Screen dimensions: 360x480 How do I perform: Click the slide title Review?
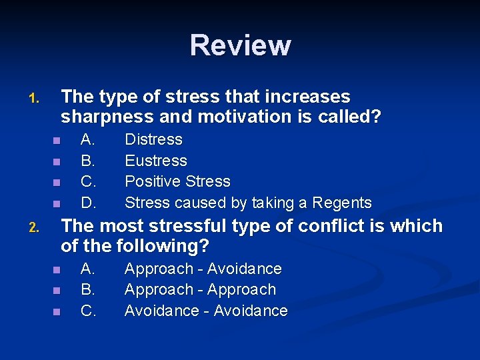240,45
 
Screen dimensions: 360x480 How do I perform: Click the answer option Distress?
153,139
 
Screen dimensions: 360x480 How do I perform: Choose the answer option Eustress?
156,161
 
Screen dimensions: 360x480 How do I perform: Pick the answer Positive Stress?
177,181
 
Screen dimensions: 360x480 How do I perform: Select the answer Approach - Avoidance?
203,269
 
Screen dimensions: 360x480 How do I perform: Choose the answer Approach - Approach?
200,289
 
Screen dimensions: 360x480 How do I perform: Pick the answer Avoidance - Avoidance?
206,311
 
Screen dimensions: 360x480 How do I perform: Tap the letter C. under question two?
87,311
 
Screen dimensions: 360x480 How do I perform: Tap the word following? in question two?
163,246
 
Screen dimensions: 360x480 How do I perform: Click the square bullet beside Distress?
57,141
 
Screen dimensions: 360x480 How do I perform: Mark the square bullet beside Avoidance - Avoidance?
57,311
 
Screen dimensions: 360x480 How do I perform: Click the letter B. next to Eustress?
87,161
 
